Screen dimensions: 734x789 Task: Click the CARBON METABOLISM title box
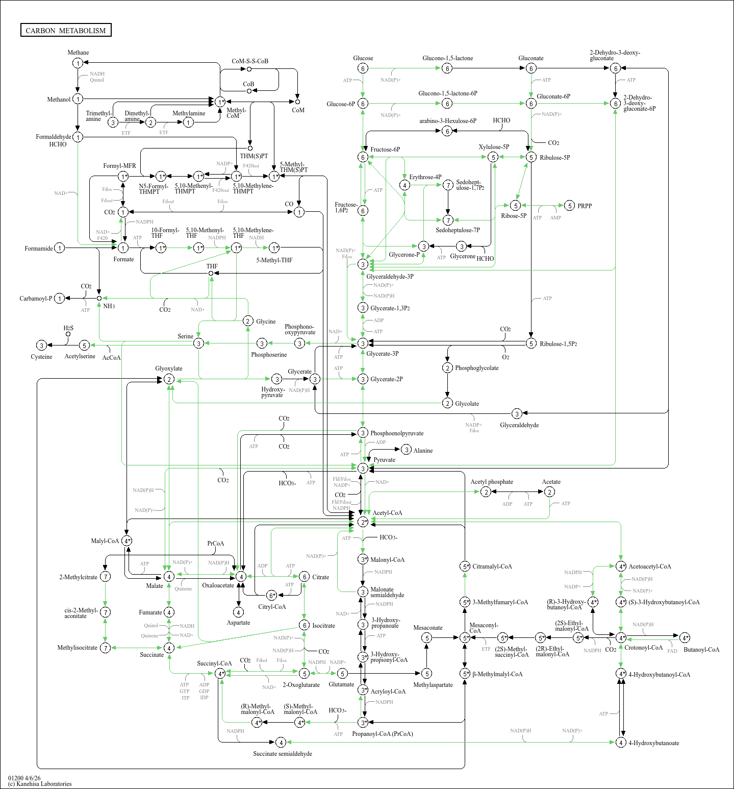(x=66, y=30)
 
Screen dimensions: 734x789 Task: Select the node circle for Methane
(x=78, y=63)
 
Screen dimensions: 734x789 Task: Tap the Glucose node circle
(x=363, y=68)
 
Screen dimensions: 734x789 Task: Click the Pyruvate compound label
(x=384, y=460)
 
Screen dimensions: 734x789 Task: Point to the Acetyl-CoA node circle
(x=363, y=522)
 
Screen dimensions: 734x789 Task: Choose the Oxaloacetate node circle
(x=241, y=576)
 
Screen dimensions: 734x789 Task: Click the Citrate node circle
(x=304, y=577)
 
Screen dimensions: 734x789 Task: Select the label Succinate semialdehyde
(x=283, y=754)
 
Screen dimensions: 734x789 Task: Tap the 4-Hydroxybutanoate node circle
(x=621, y=742)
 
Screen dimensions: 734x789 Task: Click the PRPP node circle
(x=570, y=206)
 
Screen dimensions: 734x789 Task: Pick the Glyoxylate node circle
(x=169, y=379)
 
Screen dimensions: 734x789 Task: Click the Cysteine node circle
(x=42, y=346)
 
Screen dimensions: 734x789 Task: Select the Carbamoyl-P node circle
(x=60, y=299)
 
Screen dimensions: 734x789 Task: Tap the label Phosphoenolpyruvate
(x=397, y=433)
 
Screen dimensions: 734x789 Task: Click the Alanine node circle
(x=406, y=450)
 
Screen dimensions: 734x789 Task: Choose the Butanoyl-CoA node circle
(x=685, y=637)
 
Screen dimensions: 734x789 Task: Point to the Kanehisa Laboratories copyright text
(x=40, y=784)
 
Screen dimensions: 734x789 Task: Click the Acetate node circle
(x=549, y=491)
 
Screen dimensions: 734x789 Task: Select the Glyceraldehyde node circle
(x=517, y=413)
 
